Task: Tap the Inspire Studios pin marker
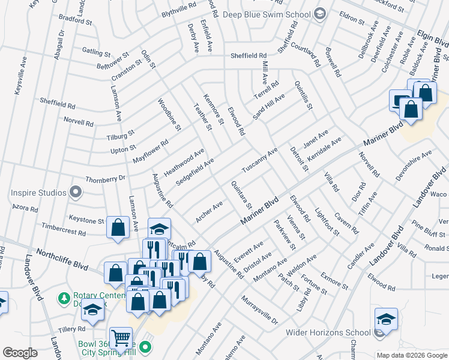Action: (75, 193)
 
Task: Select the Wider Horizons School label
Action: (337, 332)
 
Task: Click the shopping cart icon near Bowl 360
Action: (121, 338)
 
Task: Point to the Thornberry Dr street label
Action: (105, 178)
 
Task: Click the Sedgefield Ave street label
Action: (195, 172)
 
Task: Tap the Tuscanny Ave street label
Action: (259, 160)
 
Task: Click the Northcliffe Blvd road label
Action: (62, 259)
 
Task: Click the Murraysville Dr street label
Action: (260, 310)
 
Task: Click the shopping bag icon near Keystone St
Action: (118, 227)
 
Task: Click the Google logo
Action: (20, 353)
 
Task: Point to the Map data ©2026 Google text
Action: (411, 355)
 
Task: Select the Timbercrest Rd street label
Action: (63, 230)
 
